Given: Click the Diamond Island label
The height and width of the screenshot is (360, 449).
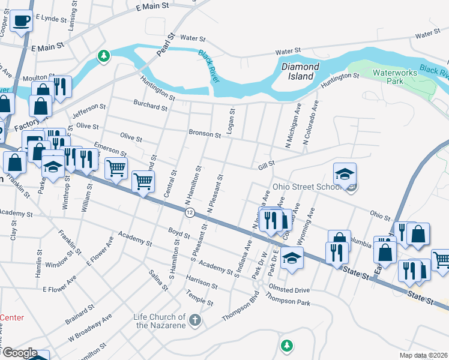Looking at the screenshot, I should (298, 72).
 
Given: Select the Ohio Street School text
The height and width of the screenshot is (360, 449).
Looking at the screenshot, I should (307, 187).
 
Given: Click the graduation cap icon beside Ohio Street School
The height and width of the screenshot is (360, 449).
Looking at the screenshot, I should (345, 174).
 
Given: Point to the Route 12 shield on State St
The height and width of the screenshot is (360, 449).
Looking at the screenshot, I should (190, 213).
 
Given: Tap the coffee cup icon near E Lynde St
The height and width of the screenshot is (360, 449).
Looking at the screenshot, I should (22, 22).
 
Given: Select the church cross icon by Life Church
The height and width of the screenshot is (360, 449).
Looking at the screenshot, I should (194, 320).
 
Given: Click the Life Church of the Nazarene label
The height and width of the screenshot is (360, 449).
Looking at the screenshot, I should (160, 321).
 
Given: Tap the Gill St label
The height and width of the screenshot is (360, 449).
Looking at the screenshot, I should (267, 164).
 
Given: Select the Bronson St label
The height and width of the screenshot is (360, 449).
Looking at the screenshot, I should (205, 132).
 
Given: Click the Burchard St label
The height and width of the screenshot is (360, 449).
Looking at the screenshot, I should (150, 107).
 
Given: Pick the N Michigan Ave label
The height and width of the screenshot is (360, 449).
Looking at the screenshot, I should (294, 126).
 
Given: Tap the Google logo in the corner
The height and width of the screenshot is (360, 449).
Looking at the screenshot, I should (20, 353).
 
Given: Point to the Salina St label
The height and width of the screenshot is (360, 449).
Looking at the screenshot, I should (158, 280).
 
